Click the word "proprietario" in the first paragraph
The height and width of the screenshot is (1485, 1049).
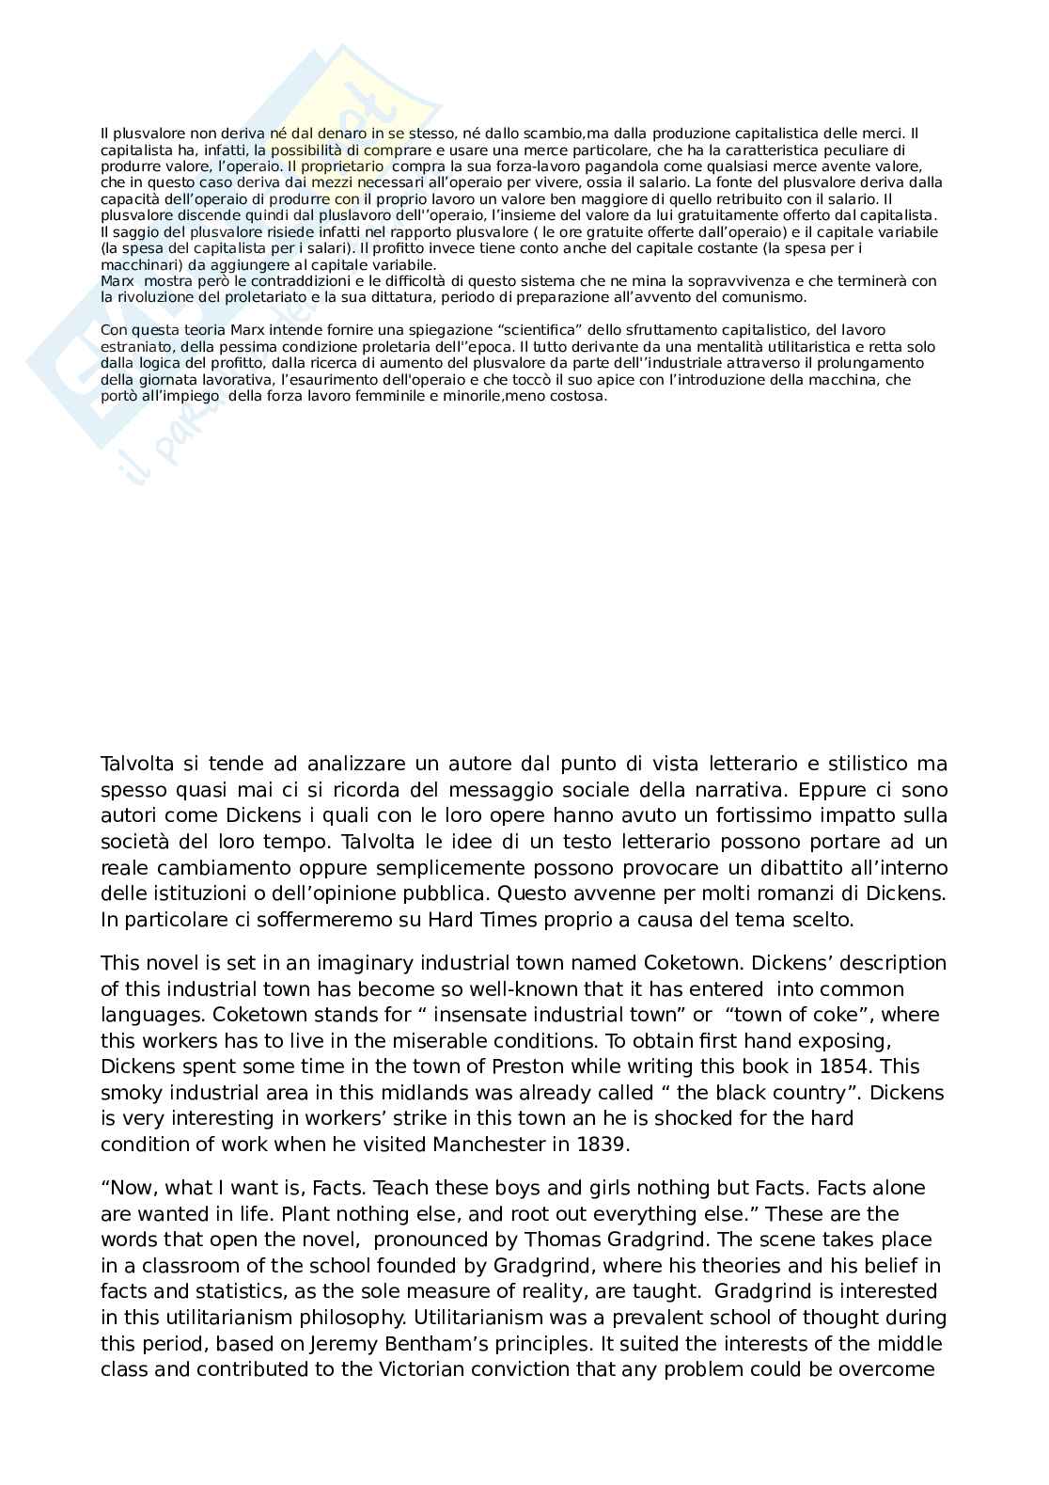(344, 166)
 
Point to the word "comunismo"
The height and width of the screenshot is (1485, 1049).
(771, 297)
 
